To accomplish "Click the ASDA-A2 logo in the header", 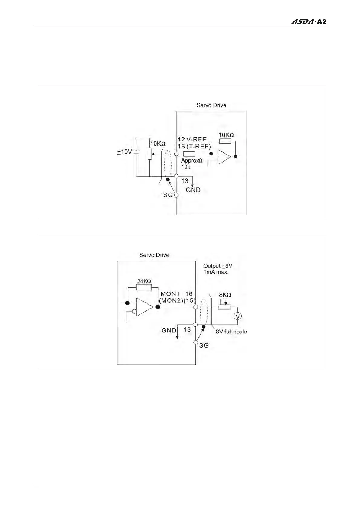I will (x=308, y=22).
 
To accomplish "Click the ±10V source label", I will (x=125, y=152).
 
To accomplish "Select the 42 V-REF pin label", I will (x=191, y=139).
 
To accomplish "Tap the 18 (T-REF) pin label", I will (x=194, y=147).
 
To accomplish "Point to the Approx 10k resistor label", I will (x=191, y=164).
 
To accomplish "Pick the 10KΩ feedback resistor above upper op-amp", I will (x=225, y=141).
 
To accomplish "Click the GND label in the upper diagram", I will (x=193, y=190).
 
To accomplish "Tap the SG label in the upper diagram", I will (x=168, y=195).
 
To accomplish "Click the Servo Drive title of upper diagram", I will (x=211, y=105).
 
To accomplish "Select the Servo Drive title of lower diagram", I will (x=154, y=255).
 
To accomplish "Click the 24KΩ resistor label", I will (x=144, y=281).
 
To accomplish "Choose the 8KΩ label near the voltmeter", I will (x=225, y=295).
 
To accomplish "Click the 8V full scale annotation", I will (x=231, y=332).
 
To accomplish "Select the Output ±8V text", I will (x=218, y=266).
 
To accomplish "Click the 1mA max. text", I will (x=216, y=272).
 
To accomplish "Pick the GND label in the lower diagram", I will (x=169, y=330).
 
